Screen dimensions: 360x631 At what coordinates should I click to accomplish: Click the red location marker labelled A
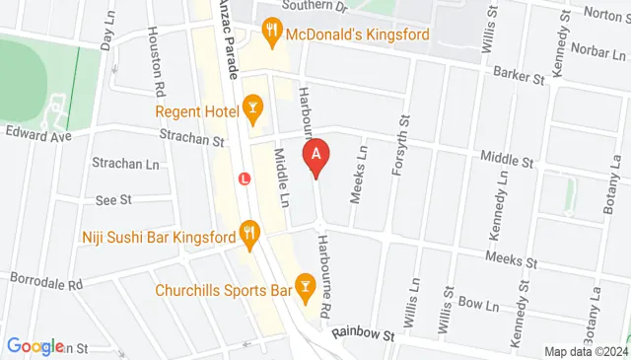point(315,157)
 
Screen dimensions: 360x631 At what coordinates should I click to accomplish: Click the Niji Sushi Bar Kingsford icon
point(248,236)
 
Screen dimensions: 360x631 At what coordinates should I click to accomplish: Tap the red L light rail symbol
point(245,180)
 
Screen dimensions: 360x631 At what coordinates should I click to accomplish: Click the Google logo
point(35,346)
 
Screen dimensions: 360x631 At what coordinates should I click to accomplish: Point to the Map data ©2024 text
point(586,351)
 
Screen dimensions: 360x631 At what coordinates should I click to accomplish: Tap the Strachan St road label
point(191,141)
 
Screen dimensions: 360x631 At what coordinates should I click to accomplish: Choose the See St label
point(113,200)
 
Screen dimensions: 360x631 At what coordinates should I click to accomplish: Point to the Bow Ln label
point(473,304)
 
